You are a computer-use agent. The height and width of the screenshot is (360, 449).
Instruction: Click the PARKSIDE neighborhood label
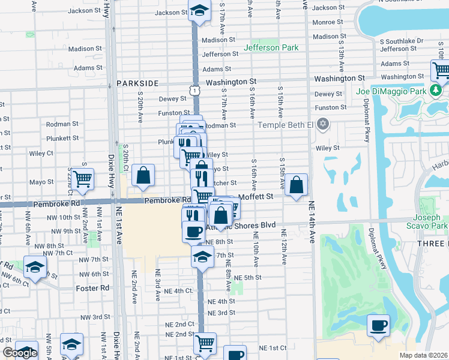(x=137, y=83)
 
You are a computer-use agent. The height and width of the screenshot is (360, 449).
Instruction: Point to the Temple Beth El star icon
(x=324, y=124)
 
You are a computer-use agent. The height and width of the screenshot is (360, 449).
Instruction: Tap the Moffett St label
(x=256, y=196)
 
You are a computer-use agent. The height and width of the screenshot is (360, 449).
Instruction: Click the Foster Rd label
(x=92, y=288)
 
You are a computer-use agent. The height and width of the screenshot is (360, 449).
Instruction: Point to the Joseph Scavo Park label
(x=430, y=221)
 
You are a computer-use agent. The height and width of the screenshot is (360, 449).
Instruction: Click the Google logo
(x=20, y=353)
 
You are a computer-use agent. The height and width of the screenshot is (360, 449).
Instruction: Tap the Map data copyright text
(x=424, y=355)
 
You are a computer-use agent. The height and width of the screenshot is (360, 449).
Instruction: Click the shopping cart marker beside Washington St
(x=441, y=71)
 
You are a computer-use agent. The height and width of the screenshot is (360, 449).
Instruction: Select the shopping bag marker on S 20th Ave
(x=143, y=175)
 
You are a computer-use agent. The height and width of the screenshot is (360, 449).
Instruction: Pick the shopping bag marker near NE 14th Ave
(x=297, y=185)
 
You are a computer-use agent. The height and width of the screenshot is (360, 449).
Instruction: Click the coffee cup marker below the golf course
(x=378, y=326)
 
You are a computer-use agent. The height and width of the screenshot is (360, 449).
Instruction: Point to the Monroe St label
(x=327, y=22)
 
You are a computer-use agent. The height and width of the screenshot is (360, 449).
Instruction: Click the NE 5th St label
(x=248, y=278)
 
